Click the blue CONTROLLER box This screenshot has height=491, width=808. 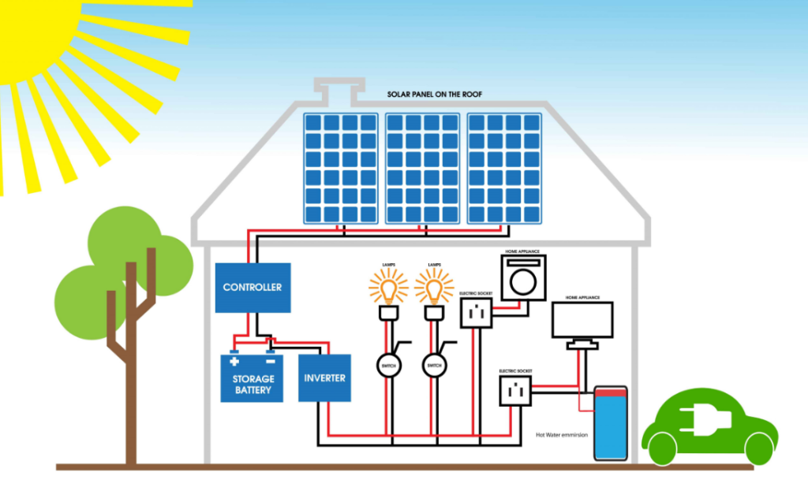coord(252,288)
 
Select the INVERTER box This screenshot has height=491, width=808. coord(324,378)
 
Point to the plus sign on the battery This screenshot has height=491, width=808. coord(234,362)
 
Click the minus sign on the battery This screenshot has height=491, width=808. coord(270,362)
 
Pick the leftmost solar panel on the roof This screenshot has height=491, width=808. coord(341,167)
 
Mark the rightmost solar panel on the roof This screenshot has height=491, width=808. coord(504,167)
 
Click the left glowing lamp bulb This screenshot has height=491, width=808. coord(388,288)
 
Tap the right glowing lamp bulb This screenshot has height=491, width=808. coord(433,288)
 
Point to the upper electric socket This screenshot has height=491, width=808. coord(476,312)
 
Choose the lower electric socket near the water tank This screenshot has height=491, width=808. coord(514,389)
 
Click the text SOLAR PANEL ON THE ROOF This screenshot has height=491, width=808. coord(435,94)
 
